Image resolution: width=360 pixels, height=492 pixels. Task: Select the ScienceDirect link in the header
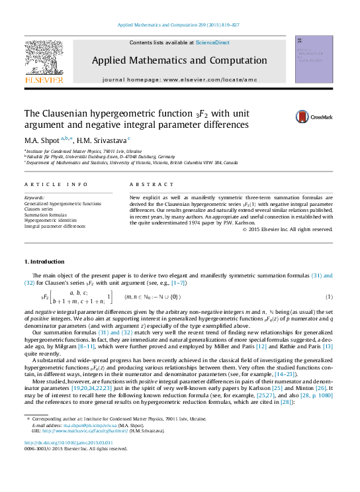[x=212, y=42]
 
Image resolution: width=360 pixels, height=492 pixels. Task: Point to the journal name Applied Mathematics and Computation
[x=179, y=60]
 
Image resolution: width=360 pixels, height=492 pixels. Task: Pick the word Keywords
[x=34, y=199]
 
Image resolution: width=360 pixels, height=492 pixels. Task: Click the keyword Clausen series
[x=38, y=209]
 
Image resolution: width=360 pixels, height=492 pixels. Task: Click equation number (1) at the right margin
[x=329, y=297]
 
